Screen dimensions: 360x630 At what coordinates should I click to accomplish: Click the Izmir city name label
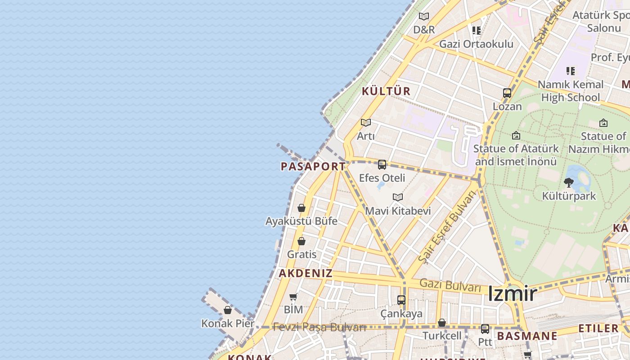[x=512, y=294]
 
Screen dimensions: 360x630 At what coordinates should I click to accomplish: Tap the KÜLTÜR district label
[x=386, y=91]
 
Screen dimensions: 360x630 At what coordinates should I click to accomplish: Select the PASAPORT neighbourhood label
[x=313, y=166]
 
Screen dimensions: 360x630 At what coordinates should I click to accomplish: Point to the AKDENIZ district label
[x=306, y=273]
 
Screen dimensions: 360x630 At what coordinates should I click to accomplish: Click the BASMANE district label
[x=527, y=336]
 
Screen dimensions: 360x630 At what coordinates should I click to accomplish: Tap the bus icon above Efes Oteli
[x=382, y=165]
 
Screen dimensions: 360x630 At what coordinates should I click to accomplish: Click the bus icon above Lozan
[x=507, y=94]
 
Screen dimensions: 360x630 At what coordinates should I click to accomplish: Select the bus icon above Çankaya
[x=401, y=300]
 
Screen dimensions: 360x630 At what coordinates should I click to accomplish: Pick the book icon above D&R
[x=424, y=17]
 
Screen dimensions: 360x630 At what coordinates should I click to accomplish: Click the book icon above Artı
[x=366, y=122]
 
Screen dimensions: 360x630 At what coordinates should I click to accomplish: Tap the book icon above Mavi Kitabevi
[x=398, y=197]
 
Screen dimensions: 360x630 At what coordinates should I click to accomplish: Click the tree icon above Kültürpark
[x=569, y=182]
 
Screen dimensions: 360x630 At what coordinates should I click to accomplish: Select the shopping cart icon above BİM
[x=293, y=297]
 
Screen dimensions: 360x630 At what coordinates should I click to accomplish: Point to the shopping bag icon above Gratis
[x=301, y=241]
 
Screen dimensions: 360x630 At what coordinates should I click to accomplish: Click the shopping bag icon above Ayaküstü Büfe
[x=301, y=208]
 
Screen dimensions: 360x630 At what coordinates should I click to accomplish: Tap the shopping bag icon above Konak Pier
[x=228, y=310]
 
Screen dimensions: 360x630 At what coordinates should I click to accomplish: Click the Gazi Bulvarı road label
[x=450, y=285]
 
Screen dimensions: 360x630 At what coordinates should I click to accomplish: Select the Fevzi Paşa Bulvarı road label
[x=319, y=327]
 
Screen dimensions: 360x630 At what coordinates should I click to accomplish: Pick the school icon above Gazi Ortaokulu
[x=477, y=31]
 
